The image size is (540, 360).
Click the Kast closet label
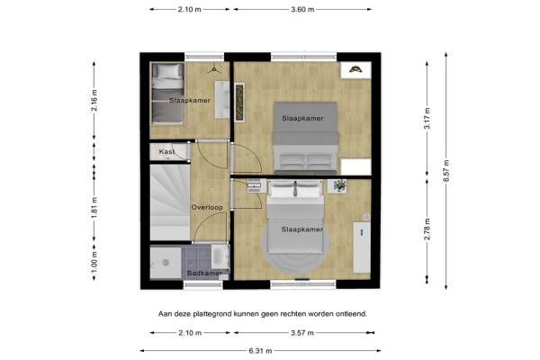[166, 151]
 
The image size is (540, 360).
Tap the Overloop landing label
[207, 207]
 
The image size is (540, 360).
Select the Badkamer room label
[203, 274]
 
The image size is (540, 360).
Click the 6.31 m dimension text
[260, 351]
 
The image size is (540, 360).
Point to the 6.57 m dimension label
[446, 171]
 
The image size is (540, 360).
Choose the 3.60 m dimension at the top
[302, 9]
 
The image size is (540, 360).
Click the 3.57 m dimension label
[302, 333]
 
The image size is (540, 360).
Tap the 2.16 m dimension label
[94, 100]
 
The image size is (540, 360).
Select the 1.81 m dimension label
[94, 208]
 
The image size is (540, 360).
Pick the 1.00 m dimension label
[94, 261]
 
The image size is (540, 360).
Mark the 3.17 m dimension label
[427, 118]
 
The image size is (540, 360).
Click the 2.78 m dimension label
[427, 229]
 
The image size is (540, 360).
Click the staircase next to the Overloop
[170, 202]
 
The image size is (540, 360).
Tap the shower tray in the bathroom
[166, 263]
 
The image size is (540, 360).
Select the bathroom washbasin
[220, 256]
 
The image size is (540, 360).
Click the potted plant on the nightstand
[339, 186]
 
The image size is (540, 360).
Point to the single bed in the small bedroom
[167, 94]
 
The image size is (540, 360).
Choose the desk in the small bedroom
[222, 100]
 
